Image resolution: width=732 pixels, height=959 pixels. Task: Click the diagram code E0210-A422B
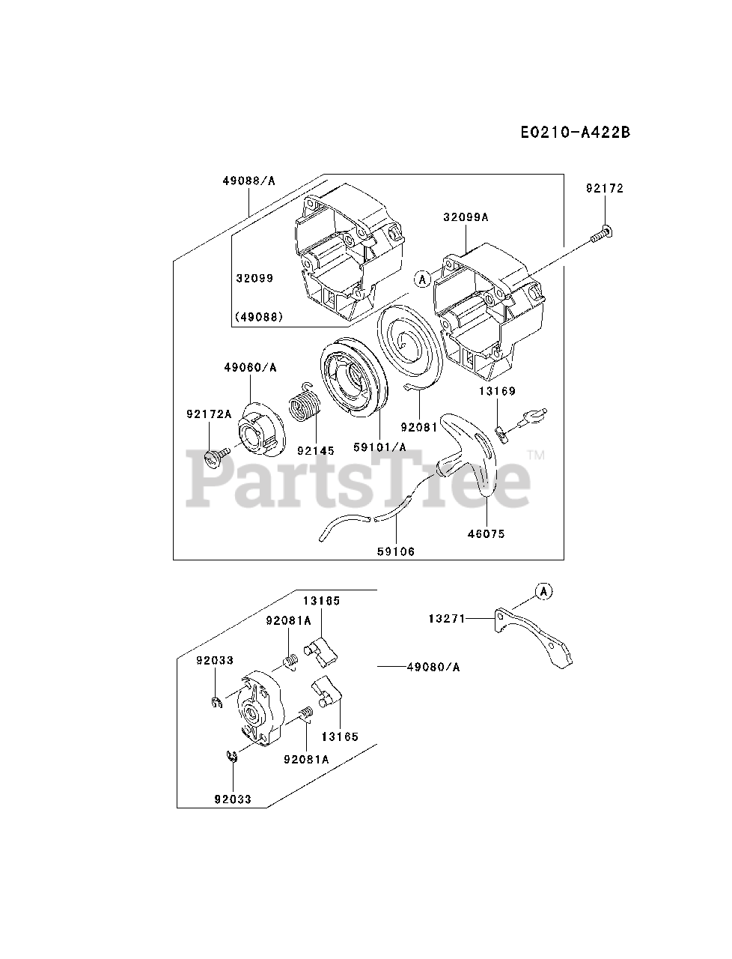coord(575,133)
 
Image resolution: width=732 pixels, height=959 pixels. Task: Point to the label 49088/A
coord(248,181)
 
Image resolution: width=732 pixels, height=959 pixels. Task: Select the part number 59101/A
coord(379,447)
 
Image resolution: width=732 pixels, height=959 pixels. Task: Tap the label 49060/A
coord(249,367)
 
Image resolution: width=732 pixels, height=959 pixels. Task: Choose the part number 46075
coord(487,534)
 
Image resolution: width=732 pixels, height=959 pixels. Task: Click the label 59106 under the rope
coord(396,551)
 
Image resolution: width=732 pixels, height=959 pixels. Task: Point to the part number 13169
coord(498,391)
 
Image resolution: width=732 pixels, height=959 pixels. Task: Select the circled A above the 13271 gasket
coord(544,592)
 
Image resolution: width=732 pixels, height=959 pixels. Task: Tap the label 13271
coord(447,619)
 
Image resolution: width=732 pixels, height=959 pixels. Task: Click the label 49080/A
coord(434,667)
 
